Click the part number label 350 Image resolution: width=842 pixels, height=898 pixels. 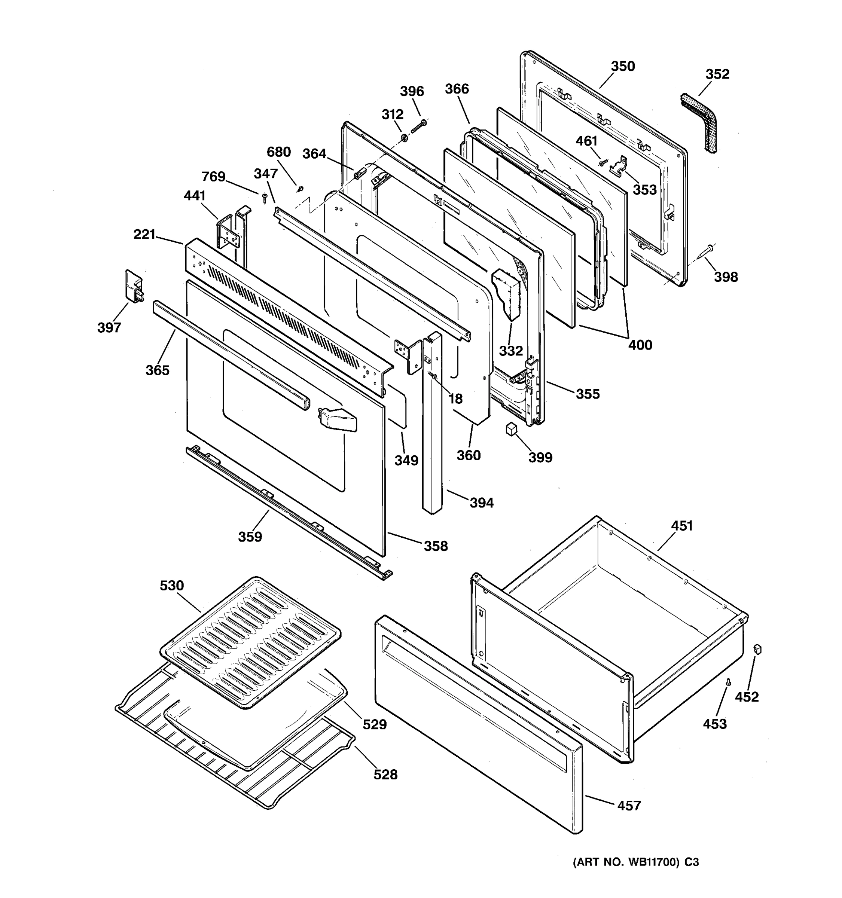click(623, 66)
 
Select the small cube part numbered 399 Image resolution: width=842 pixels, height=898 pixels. click(511, 429)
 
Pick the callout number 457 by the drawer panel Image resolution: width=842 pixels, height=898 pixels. click(629, 806)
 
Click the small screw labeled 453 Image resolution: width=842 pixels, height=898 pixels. click(728, 695)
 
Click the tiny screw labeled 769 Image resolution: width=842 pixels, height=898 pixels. click(265, 198)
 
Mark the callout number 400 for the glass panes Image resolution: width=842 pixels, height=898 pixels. click(640, 345)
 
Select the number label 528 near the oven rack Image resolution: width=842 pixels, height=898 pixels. click(385, 775)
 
